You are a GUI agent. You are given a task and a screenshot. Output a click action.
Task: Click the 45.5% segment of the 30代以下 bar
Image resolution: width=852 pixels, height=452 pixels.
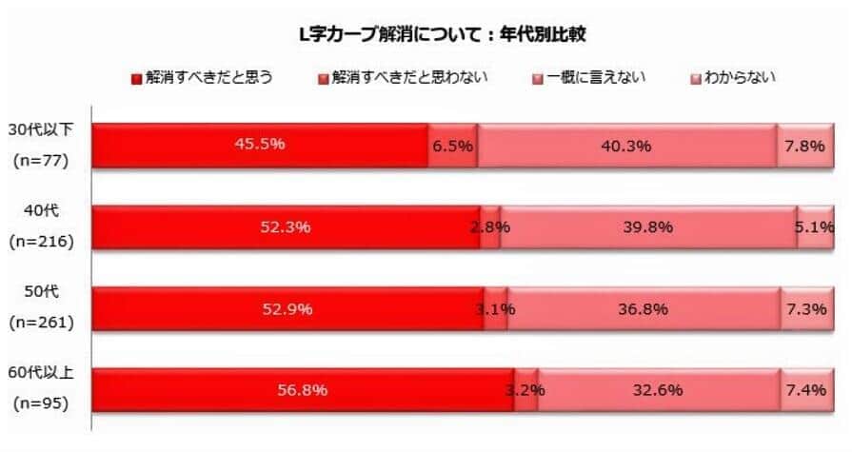[260, 146]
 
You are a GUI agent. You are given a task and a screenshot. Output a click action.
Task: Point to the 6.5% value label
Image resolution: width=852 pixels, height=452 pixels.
[452, 146]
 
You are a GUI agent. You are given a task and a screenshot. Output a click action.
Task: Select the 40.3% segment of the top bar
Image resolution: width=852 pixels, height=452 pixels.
[626, 146]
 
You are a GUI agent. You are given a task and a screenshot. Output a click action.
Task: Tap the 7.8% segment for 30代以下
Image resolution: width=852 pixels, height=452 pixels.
[805, 146]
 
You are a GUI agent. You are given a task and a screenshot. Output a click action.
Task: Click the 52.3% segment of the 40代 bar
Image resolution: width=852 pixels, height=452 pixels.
[287, 227]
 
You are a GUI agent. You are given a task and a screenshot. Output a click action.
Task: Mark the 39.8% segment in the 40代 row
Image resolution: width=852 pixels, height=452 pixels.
[647, 227]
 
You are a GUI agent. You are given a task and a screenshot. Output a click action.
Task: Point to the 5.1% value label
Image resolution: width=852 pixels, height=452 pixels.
[816, 227]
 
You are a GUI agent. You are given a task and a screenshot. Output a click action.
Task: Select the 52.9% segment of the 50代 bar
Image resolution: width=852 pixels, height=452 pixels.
[287, 309]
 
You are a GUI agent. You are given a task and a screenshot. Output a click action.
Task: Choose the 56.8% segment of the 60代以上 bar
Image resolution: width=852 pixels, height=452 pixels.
[303, 390]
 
